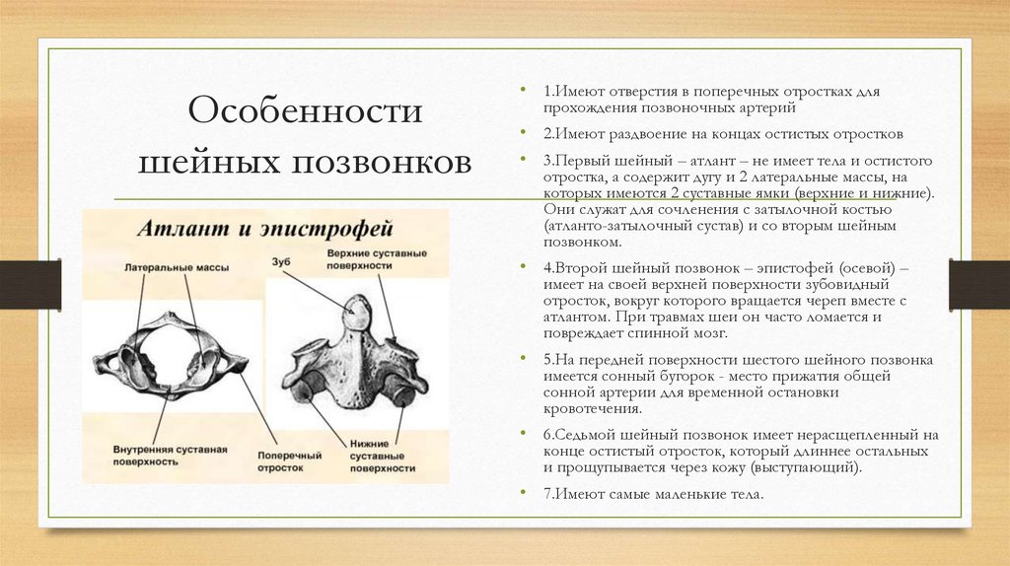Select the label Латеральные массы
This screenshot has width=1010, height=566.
pos(164,267)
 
